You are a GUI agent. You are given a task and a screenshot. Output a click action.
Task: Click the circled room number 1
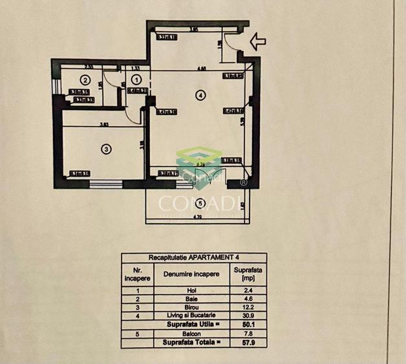(136, 79)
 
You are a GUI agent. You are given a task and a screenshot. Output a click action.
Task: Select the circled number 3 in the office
(107, 149)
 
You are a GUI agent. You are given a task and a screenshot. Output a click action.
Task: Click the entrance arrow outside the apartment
(257, 42)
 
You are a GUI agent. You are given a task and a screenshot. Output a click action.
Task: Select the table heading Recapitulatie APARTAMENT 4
(193, 257)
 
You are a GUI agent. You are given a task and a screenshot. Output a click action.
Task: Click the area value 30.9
(248, 316)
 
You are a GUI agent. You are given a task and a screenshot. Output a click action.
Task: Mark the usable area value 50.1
(248, 323)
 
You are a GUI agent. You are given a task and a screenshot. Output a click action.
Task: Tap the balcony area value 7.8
(248, 332)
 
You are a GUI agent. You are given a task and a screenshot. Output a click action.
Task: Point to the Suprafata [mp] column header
(248, 273)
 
